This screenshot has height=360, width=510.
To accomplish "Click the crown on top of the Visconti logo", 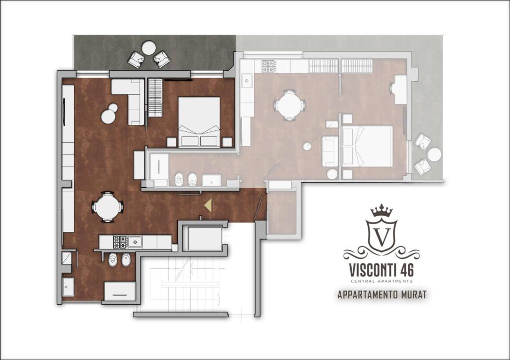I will coord(382,211).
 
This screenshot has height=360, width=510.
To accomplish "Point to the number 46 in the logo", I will coord(405,270).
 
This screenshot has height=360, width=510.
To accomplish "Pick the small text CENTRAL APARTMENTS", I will coord(382,281).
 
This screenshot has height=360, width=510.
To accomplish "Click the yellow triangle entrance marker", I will coord(208,205).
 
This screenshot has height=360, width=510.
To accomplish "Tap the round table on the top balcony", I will coord(148,48).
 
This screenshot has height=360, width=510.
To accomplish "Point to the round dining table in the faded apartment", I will coord(289,105).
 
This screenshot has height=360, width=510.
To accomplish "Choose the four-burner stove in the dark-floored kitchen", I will coord(120,242).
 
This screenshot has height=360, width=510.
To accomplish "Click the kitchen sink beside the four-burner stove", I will coord(135,242).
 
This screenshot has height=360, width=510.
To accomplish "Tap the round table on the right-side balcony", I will coord(434,154).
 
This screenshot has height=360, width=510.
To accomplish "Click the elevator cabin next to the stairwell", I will coord(205,239).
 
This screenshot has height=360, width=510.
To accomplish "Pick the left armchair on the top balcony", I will coord(136,60).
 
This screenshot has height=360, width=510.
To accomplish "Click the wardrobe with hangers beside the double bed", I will coord(155,98).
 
